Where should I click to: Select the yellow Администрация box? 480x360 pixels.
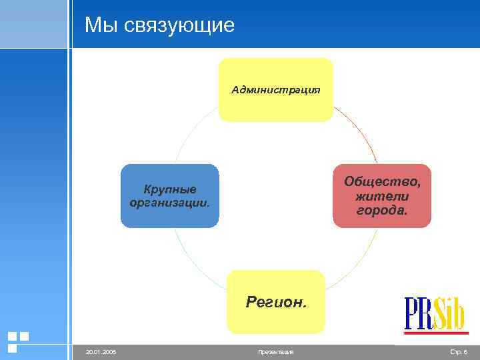[275, 89]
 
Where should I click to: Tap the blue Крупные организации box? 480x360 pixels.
[169, 195]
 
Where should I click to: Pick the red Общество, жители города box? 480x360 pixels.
[382, 195]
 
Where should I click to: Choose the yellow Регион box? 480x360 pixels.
[275, 301]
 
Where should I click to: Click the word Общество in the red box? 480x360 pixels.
[383, 181]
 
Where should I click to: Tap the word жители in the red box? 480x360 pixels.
[382, 196]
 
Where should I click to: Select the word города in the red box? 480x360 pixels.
[382, 210]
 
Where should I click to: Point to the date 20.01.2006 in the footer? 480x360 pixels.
[101, 351]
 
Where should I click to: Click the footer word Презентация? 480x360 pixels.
[275, 351]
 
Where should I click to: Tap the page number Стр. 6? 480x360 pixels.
[459, 351]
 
